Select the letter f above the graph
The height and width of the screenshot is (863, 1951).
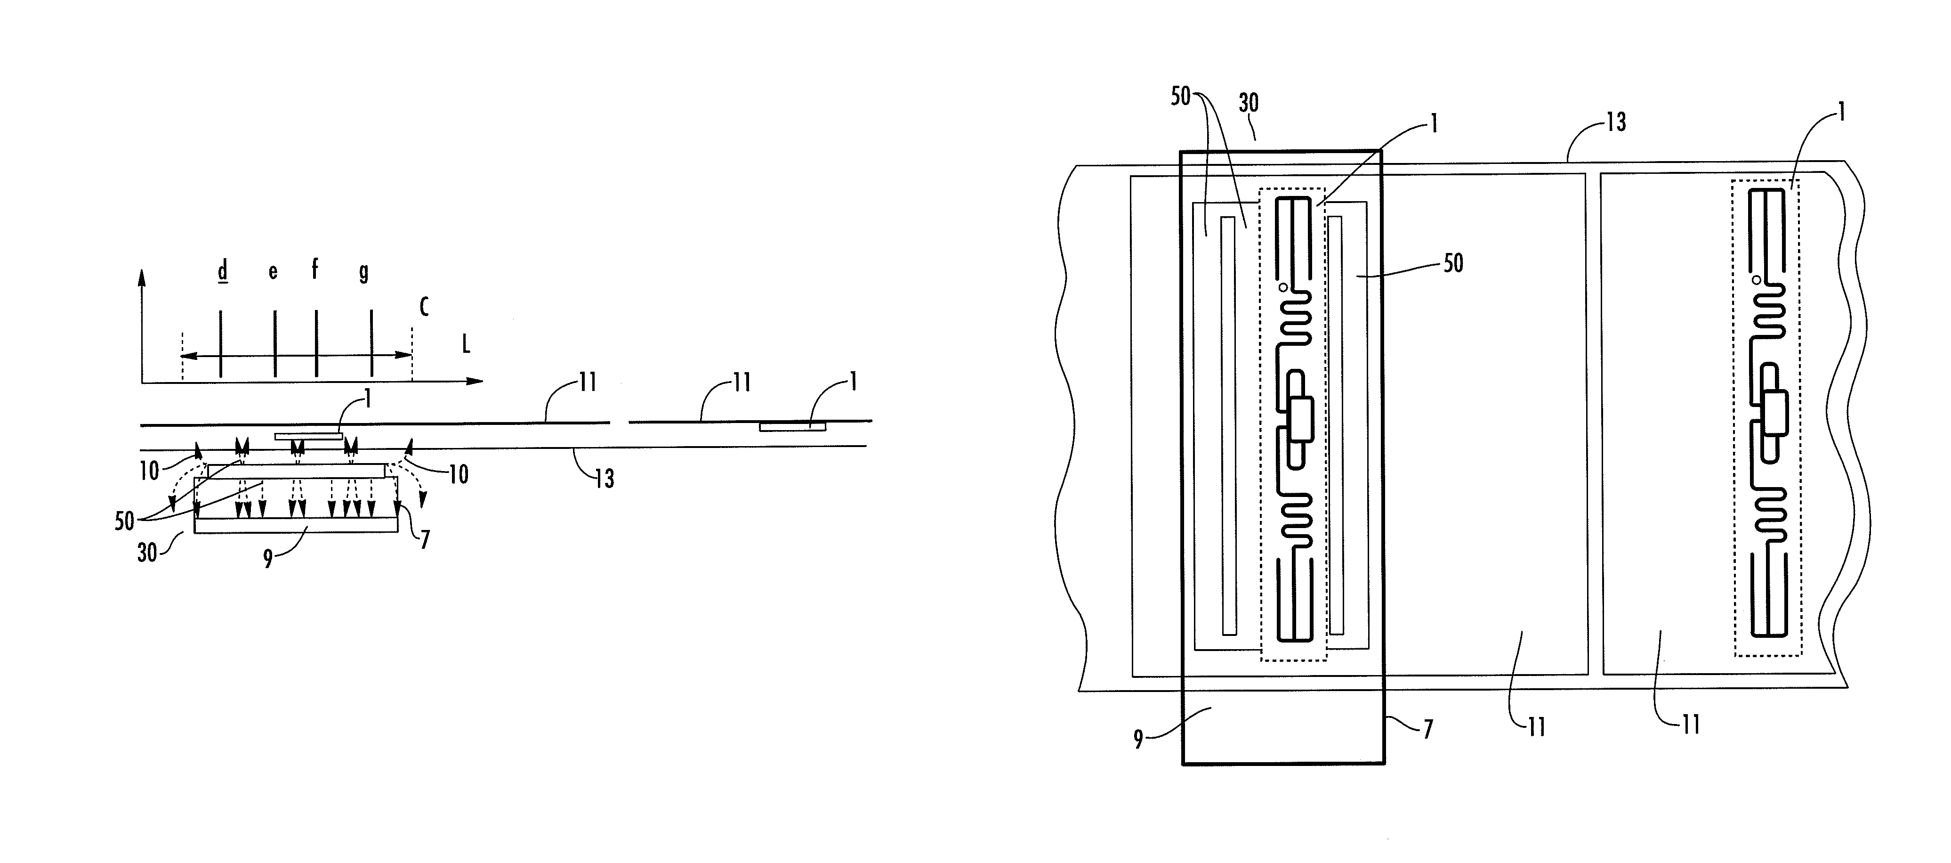pos(315,269)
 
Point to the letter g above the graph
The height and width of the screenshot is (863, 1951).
pos(363,272)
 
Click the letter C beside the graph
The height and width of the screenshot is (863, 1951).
pos(424,307)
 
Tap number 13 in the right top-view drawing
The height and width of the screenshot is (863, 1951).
pos(1615,122)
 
